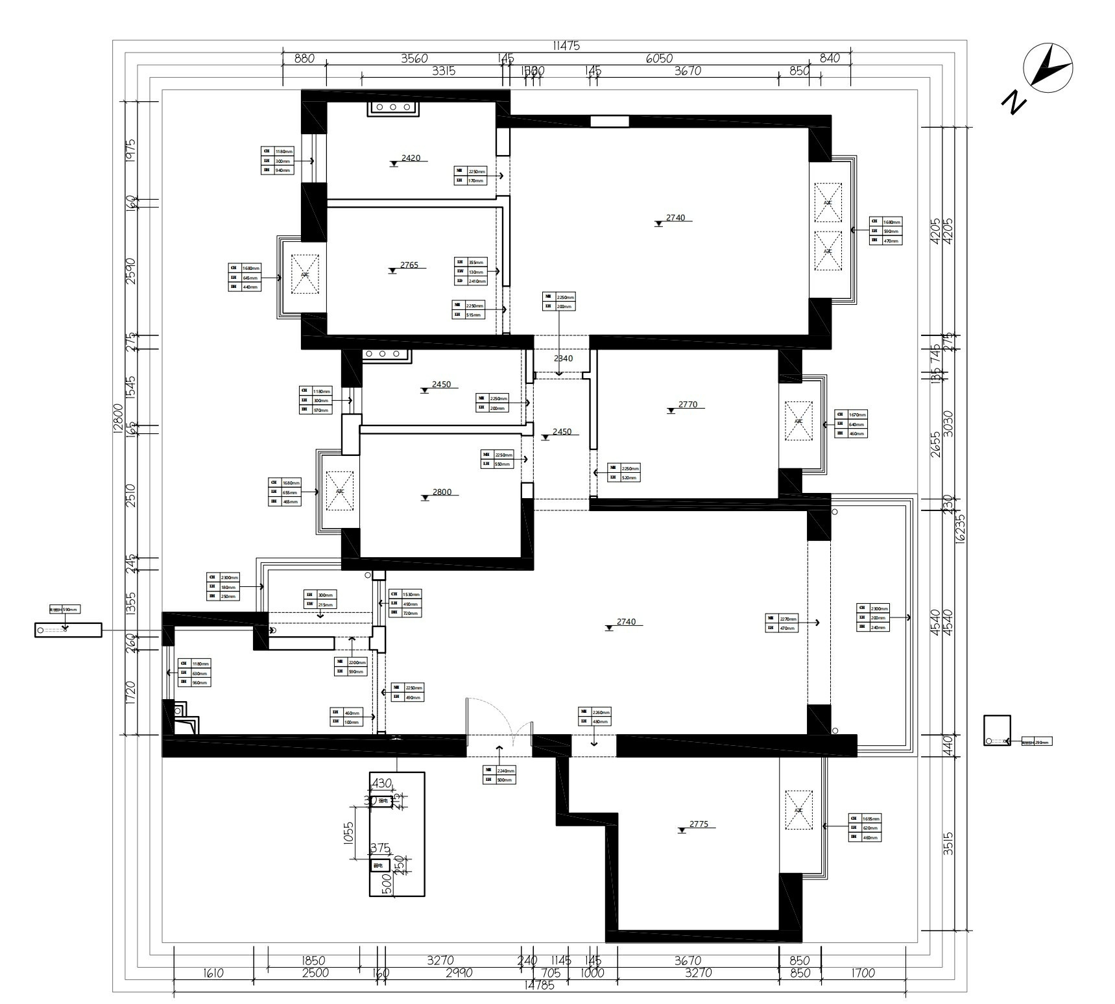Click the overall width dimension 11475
pos(566,46)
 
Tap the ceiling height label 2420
pos(411,158)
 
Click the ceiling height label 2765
pos(409,265)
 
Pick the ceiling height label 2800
pos(442,492)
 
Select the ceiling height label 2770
pos(688,405)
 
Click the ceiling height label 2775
pos(699,824)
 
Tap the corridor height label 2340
pos(563,359)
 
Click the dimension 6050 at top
pos(659,58)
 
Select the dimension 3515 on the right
pos(948,844)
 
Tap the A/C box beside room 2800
pos(339,491)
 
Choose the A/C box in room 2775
pos(798,810)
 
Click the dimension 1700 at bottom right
pos(863,973)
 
